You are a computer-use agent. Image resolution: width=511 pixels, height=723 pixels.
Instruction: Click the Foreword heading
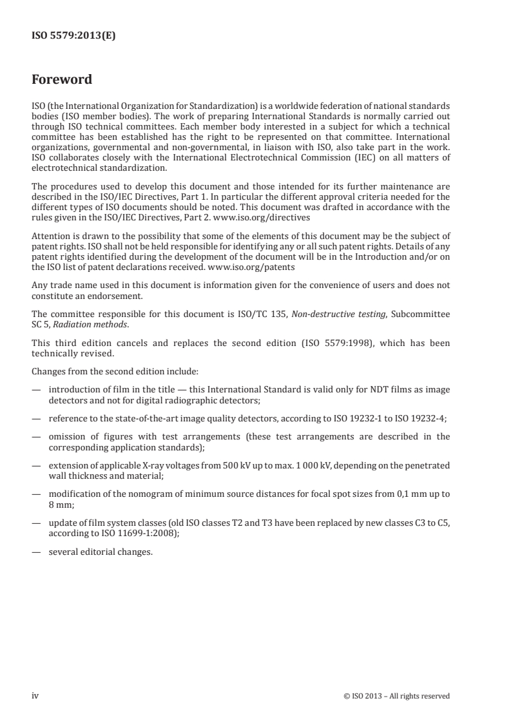[x=62, y=81]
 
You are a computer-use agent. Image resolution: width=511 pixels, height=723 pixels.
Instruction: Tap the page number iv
[x=35, y=695]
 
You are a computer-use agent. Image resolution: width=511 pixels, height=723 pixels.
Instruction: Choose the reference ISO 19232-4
[x=422, y=418]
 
